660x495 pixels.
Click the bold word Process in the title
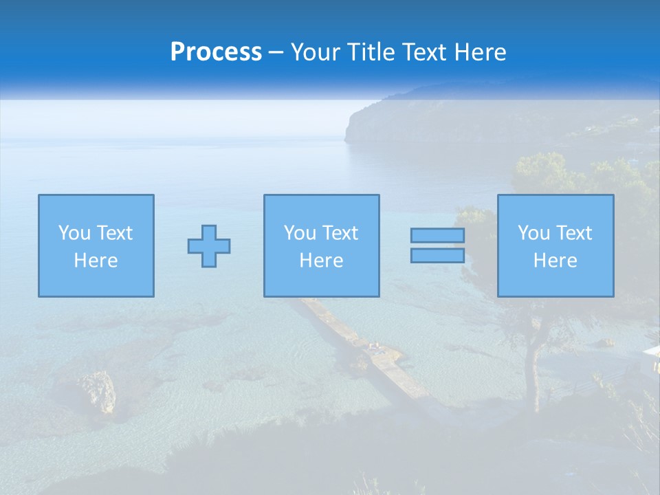pyautogui.click(x=216, y=52)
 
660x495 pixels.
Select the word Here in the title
pyautogui.click(x=479, y=52)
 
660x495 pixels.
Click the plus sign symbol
pyautogui.click(x=209, y=245)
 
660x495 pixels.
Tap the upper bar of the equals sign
pyautogui.click(x=437, y=235)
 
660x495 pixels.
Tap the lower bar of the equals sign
pyautogui.click(x=437, y=256)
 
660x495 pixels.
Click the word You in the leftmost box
pyautogui.click(x=74, y=233)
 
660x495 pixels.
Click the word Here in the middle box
pyautogui.click(x=321, y=261)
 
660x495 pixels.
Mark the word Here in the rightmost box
pyautogui.click(x=555, y=261)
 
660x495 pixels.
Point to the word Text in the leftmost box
pyautogui.click(x=115, y=233)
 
